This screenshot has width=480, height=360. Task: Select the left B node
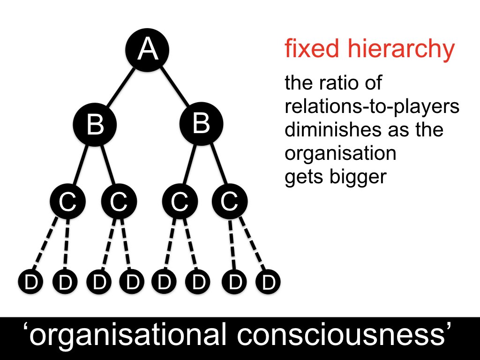coord(95,125)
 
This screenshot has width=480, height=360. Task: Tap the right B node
coord(201,123)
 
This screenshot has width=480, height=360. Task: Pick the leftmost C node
coord(68,202)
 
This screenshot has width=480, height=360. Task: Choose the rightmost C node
coord(229,202)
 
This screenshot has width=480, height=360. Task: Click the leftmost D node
coord(30,282)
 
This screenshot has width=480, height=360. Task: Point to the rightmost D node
coord(268,282)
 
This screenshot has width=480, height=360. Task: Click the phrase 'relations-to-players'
coord(372,107)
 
